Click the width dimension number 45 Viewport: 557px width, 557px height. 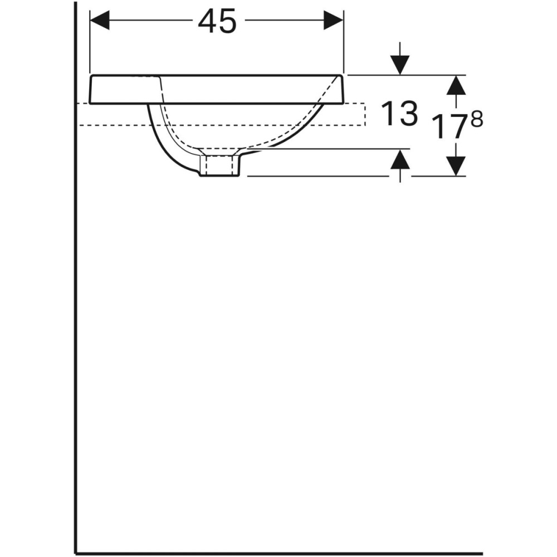tap(217, 22)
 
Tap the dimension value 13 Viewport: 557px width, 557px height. tap(399, 114)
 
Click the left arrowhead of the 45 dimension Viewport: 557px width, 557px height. tap(99, 21)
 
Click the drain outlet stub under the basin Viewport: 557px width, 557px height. tap(221, 166)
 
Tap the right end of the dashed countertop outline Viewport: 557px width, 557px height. tap(365, 114)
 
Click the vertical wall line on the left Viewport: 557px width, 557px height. tap(75, 278)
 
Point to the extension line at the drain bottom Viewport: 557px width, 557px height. tap(317, 176)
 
